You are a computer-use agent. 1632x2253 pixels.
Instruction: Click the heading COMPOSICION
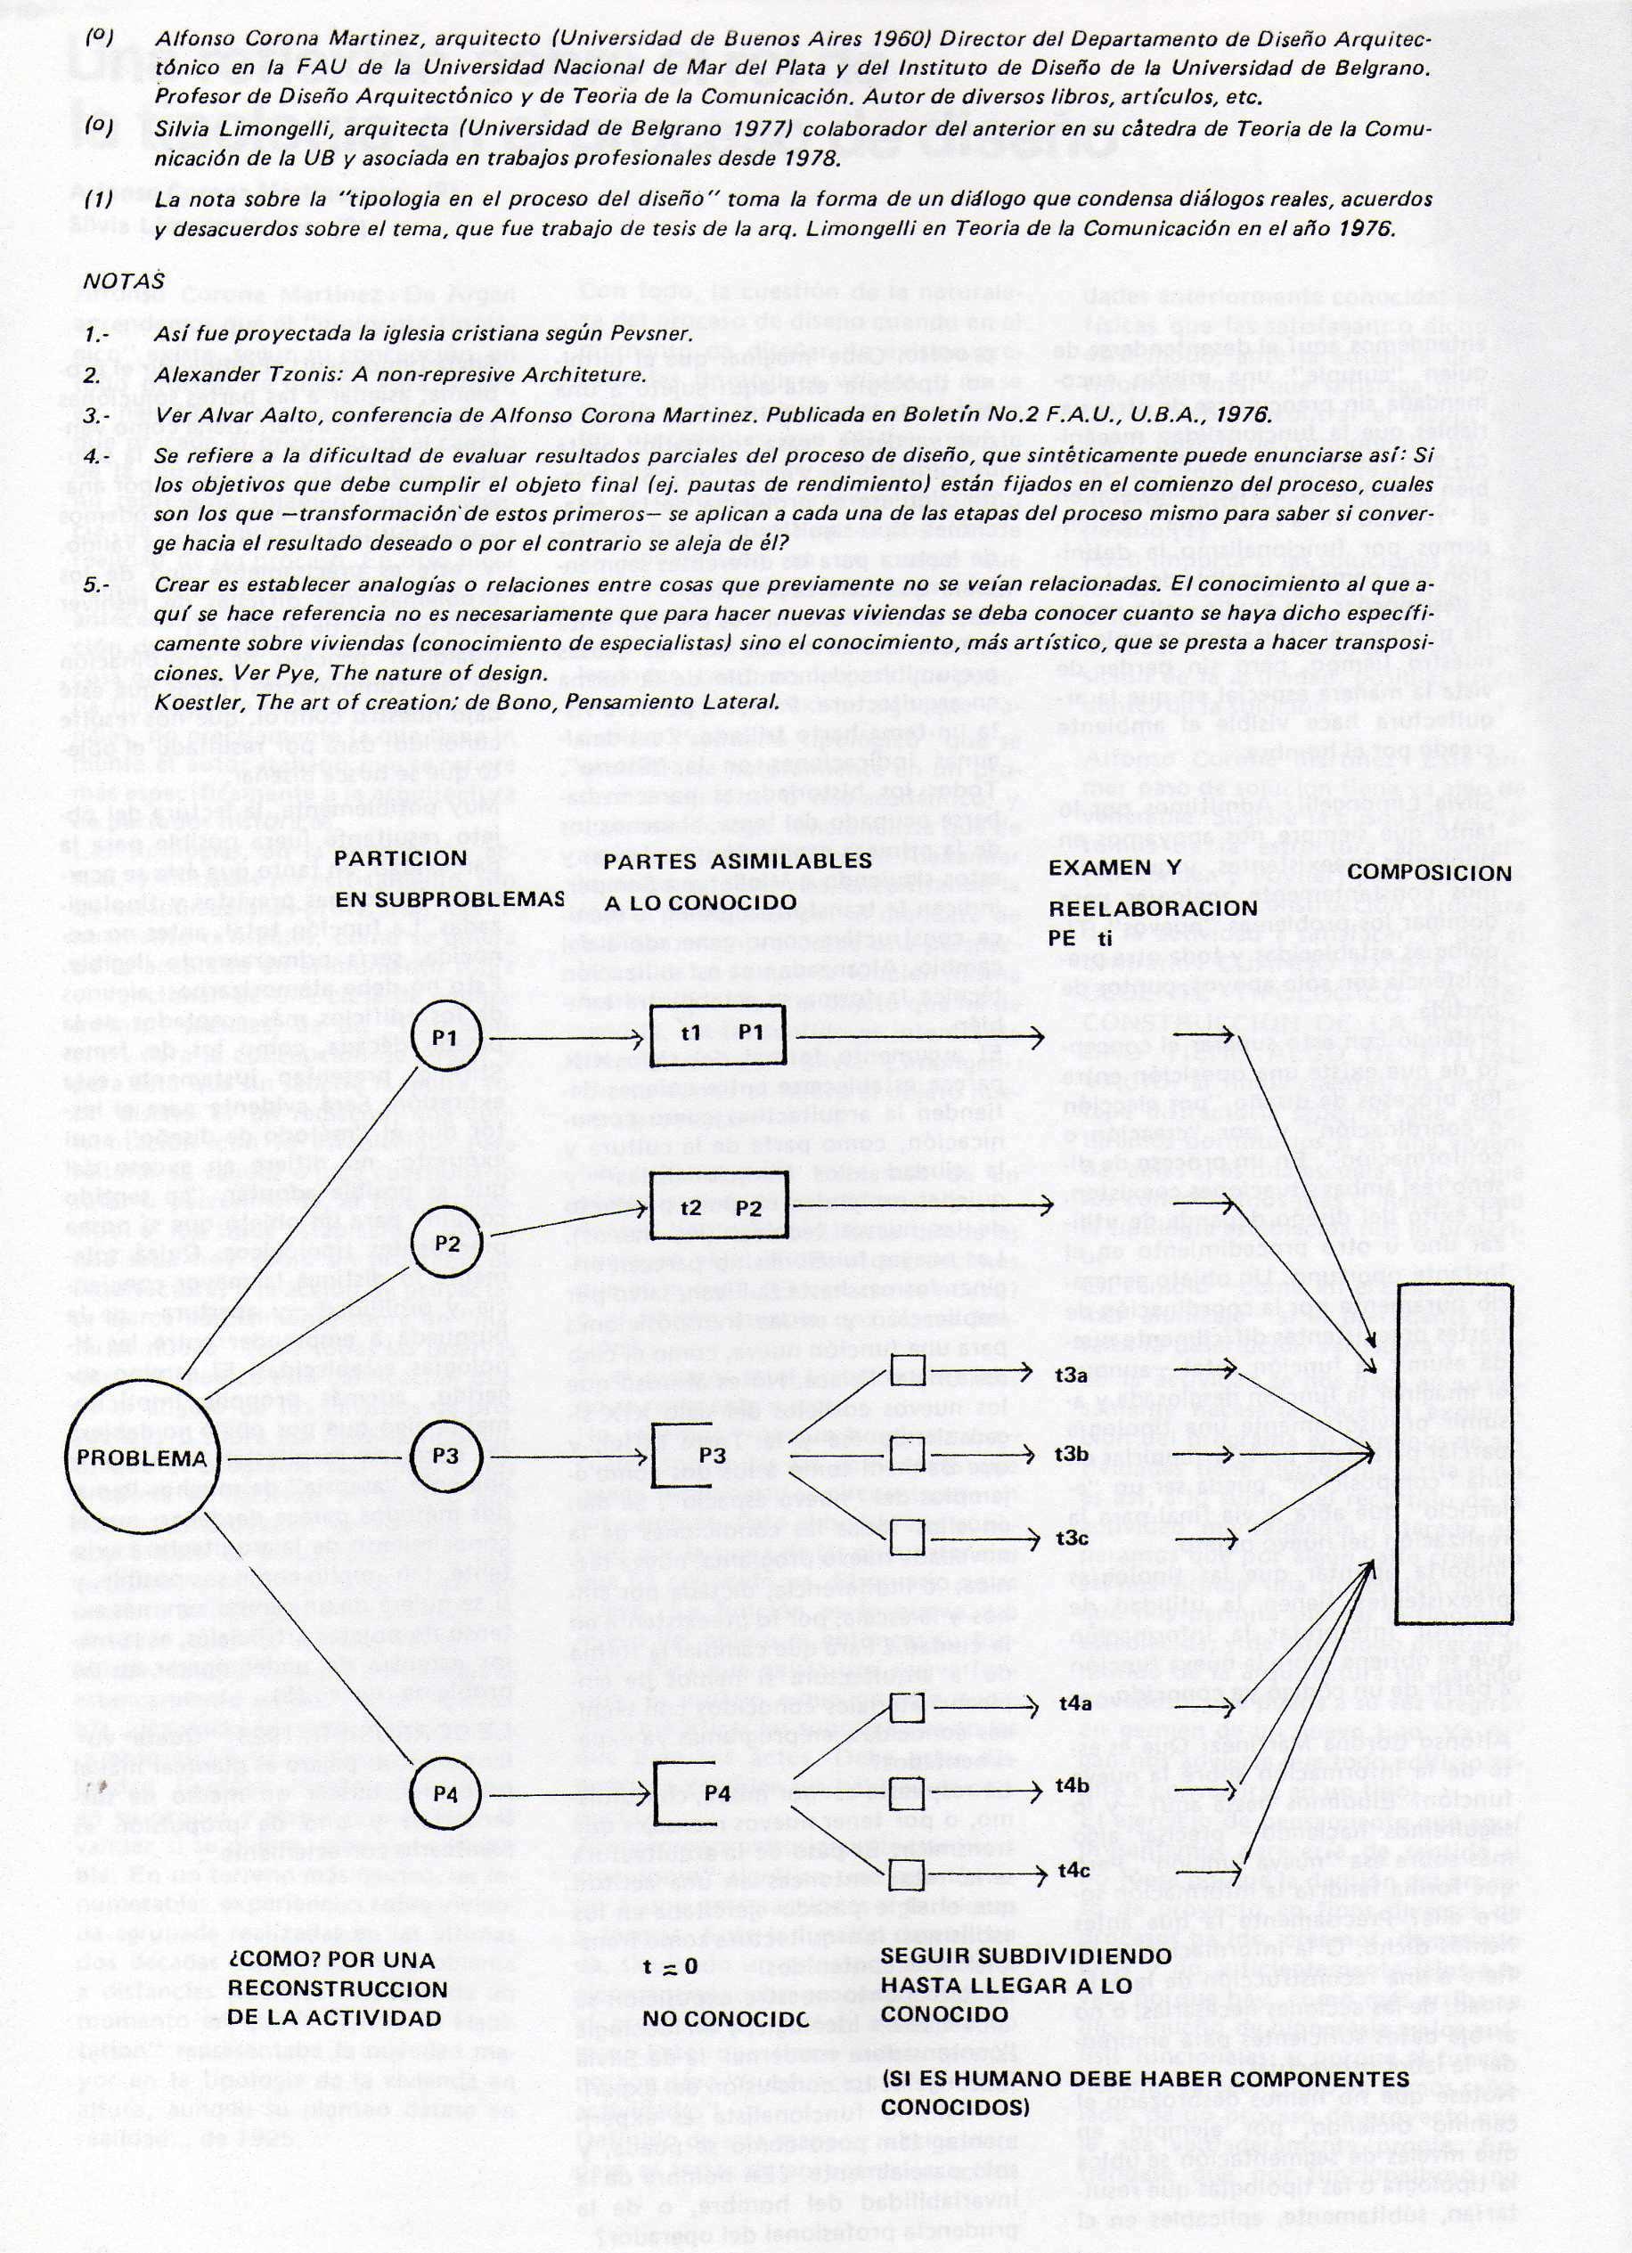tap(1432, 874)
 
